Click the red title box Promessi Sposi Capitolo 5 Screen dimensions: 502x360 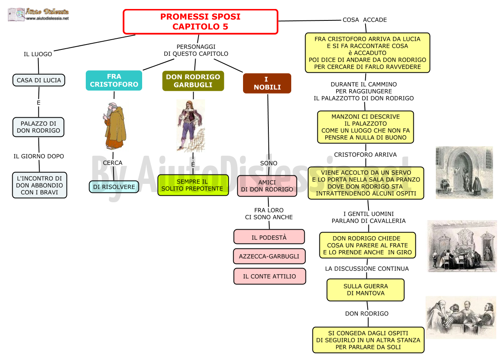pos(201,22)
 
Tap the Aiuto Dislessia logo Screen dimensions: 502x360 pos(38,14)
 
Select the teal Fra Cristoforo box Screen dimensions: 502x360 pos(114,80)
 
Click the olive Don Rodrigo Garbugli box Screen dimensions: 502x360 pos(193,81)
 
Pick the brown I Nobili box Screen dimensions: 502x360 pos(267,83)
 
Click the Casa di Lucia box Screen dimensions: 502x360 pos(39,80)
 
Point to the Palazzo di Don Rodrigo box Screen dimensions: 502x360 pos(38,127)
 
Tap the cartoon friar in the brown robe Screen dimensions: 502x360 pos(114,126)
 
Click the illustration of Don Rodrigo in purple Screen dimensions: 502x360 pos(191,125)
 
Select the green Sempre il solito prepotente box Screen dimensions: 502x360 pos(193,185)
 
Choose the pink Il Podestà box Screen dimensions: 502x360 pos(269,237)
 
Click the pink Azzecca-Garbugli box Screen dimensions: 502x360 pos(269,256)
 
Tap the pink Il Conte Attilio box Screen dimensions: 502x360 pos(270,276)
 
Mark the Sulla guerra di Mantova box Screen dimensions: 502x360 pos(366,290)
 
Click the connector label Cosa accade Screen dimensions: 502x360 pos(365,20)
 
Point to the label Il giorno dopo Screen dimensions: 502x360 pos(38,156)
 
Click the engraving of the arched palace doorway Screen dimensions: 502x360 pos(464,172)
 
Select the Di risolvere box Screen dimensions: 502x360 pos(114,187)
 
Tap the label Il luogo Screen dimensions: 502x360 pos(38,54)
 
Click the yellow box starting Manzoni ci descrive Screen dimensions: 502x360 pos(366,127)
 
